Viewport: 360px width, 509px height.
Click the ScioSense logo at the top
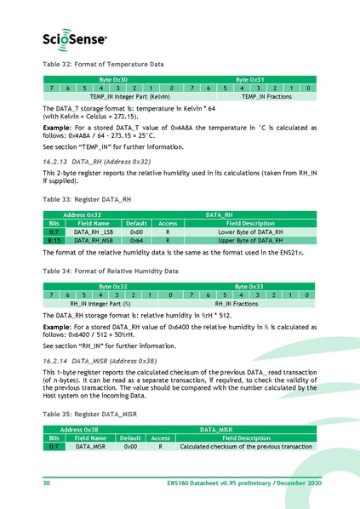pyautogui.click(x=75, y=37)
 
